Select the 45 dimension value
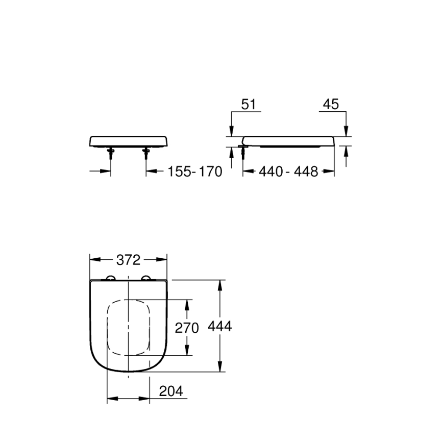(331, 104)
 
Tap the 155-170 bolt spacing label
(195, 172)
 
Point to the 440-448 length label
(288, 172)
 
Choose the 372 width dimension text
(128, 260)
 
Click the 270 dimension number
(187, 328)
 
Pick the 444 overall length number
(220, 326)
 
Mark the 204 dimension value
(171, 391)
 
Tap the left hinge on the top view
(110, 278)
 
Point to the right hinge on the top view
(147, 278)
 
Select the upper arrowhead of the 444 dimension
(220, 284)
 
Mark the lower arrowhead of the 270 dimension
(187, 351)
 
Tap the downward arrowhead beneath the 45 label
(346, 132)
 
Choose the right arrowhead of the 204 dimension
(146, 397)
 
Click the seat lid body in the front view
(128, 140)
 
